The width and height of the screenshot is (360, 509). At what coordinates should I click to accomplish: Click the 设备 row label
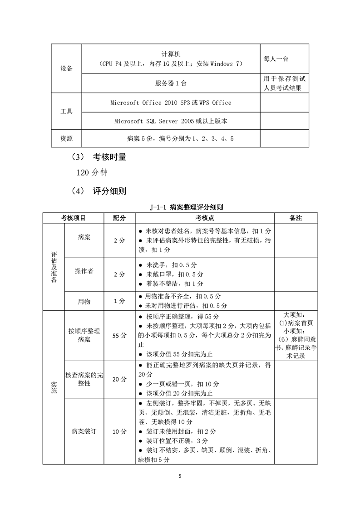click(66, 69)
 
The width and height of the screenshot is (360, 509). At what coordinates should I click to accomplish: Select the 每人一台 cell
click(276, 59)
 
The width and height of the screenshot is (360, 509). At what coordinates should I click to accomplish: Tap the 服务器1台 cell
click(170, 83)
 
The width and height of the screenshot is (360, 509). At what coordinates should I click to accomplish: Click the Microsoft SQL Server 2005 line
click(171, 121)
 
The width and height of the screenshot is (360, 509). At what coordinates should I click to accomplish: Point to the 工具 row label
click(66, 112)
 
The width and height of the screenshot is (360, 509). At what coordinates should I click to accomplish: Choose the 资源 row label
click(66, 138)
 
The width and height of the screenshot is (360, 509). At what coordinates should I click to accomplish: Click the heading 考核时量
click(109, 158)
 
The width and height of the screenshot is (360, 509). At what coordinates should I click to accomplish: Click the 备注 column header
click(296, 218)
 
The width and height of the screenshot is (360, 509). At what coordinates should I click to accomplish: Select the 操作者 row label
click(84, 271)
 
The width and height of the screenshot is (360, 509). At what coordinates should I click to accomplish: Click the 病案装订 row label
click(84, 431)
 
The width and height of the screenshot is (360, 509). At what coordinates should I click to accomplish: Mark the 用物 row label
click(84, 301)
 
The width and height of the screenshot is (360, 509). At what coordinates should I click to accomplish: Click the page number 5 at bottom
click(180, 476)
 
